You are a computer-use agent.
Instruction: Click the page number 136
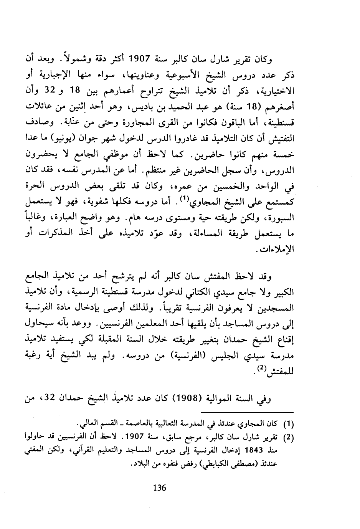[159, 488]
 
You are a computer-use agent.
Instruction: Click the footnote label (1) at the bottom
[289, 424]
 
